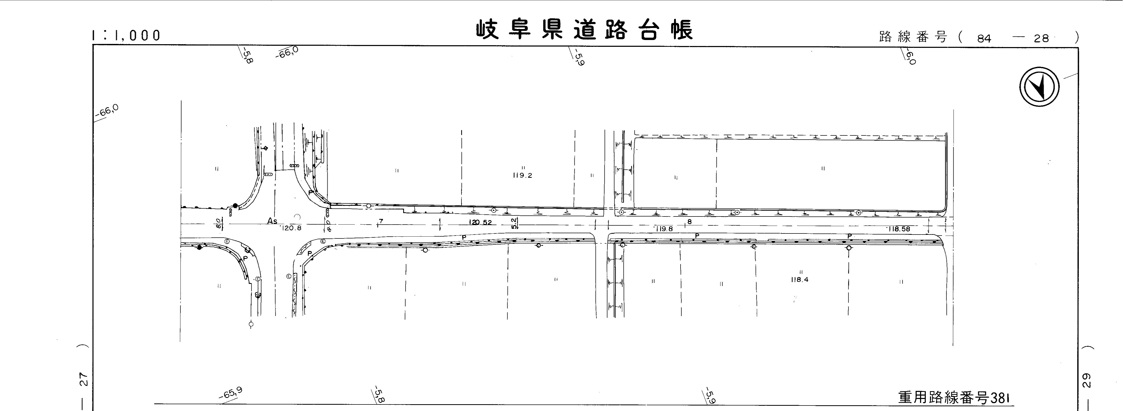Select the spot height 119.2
click(522, 175)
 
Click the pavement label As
click(272, 221)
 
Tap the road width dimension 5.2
click(515, 223)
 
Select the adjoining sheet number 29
click(1086, 380)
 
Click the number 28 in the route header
click(1041, 38)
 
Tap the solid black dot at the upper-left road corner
click(235, 206)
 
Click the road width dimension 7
click(381, 221)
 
